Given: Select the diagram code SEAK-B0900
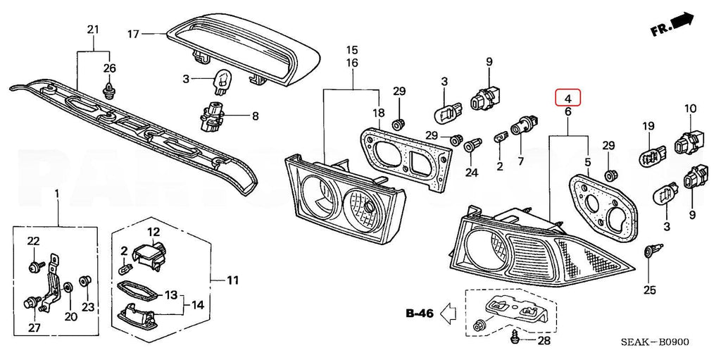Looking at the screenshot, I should pos(654,343).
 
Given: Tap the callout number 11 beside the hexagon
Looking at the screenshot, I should pos(232,280).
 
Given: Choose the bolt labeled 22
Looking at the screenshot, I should pos(34,265).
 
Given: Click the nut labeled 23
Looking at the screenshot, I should pos(84,281).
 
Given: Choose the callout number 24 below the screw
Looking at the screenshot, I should pos(471,172).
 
